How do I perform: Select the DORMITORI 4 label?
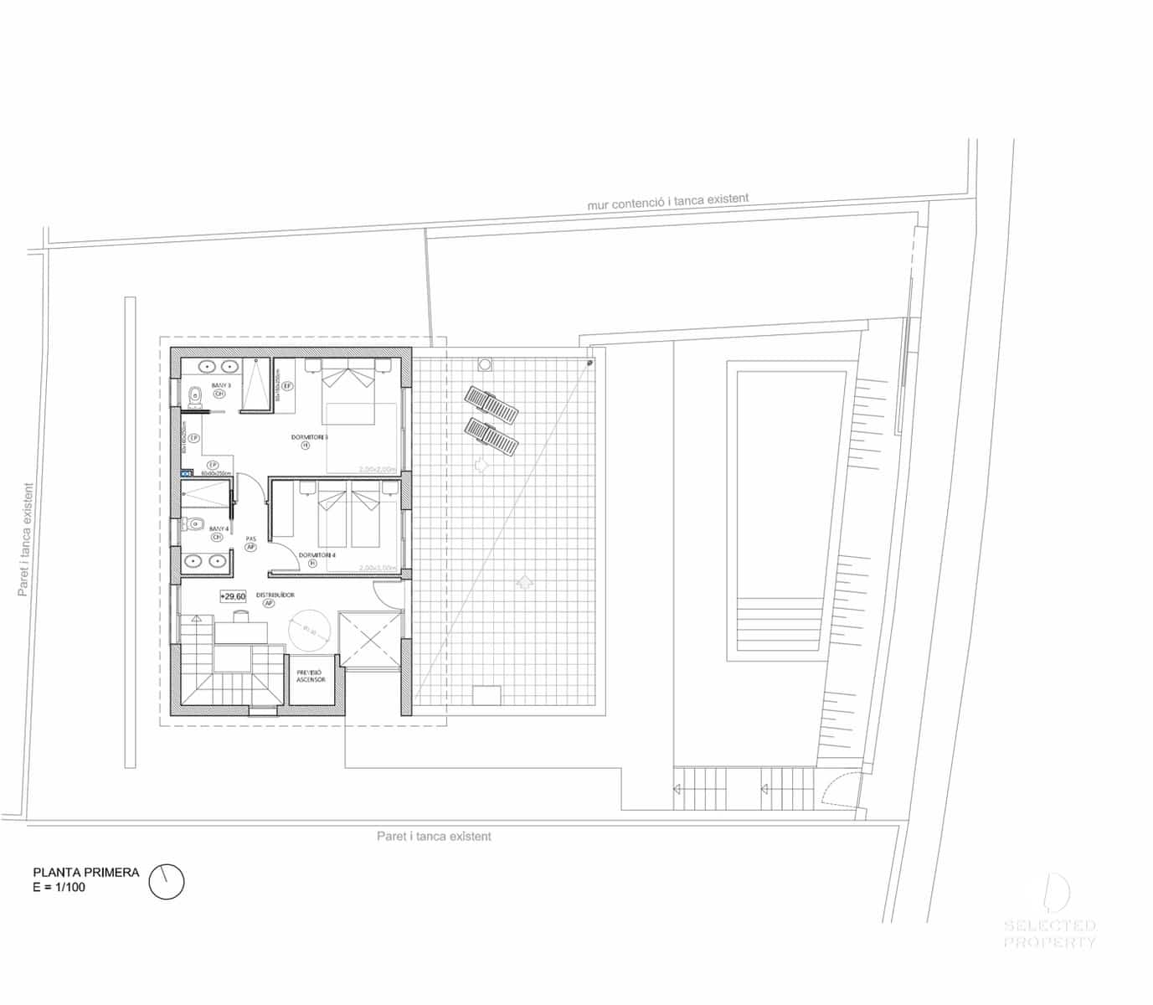317,555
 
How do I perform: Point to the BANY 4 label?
219,529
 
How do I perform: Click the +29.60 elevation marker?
233,596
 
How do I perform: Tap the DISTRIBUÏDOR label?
275,595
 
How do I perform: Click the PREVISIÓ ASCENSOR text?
310,676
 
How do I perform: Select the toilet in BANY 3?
194,395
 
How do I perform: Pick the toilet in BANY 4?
194,525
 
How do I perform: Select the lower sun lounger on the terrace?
492,435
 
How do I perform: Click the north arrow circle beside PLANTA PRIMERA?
166,881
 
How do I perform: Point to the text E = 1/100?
59,888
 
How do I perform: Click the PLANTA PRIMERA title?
85,872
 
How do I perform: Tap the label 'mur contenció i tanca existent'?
667,202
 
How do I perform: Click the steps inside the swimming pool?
777,624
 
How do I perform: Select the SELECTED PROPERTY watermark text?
1049,934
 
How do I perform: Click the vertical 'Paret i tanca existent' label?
25,540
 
